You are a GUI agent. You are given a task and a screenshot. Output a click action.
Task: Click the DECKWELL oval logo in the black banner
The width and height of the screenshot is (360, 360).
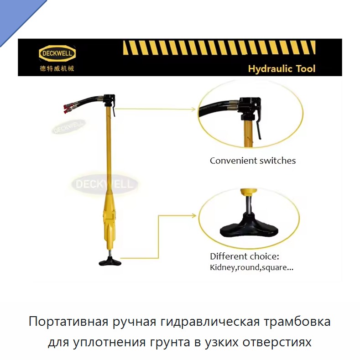[57, 53]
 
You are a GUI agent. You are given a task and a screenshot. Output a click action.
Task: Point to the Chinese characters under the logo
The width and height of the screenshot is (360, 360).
[57, 68]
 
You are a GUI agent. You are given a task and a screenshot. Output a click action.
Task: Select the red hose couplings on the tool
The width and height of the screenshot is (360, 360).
[68, 109]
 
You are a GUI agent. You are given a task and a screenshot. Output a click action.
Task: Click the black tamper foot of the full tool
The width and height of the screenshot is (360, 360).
[110, 262]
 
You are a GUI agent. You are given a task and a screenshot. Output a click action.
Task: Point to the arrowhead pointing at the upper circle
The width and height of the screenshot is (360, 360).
[193, 110]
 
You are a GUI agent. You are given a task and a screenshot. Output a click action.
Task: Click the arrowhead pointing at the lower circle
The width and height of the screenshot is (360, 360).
[194, 215]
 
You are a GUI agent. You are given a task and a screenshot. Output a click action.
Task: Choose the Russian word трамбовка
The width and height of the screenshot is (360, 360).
[297, 321]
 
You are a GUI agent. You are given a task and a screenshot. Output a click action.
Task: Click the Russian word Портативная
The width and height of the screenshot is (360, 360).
[68, 321]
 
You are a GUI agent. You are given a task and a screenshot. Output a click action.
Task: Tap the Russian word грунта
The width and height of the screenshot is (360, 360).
[170, 342]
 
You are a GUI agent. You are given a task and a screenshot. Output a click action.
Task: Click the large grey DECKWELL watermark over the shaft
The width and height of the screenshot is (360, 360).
[104, 184]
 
